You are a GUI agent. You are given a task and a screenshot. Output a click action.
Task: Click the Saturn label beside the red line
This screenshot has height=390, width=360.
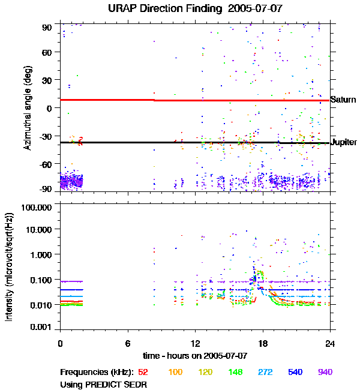coord(343,100)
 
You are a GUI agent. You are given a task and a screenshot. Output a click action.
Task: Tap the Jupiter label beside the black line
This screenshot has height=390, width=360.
coord(344,142)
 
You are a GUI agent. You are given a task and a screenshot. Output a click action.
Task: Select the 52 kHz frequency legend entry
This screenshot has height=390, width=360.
coord(143,372)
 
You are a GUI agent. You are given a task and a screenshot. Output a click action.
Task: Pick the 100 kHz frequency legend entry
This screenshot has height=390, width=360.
coord(175,372)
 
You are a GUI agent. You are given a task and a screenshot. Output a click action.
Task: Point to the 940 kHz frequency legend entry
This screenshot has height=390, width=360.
coord(325,372)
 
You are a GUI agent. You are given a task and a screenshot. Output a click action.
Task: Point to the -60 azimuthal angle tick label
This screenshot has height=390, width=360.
coord(46,163)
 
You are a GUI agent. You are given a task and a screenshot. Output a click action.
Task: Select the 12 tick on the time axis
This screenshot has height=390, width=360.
coord(195,343)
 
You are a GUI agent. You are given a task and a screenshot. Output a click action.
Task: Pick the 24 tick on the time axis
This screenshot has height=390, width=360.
coord(330,343)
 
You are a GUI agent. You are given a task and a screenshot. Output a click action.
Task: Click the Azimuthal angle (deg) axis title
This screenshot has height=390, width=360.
coord(27,108)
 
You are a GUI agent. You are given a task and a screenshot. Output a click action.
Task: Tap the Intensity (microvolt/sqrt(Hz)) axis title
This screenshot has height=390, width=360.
coord(10,266)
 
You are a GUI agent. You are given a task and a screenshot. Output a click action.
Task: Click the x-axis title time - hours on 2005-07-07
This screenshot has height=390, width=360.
coord(195,356)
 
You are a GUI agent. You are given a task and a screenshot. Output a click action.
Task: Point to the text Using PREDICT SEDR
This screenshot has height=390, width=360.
coord(104,383)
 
